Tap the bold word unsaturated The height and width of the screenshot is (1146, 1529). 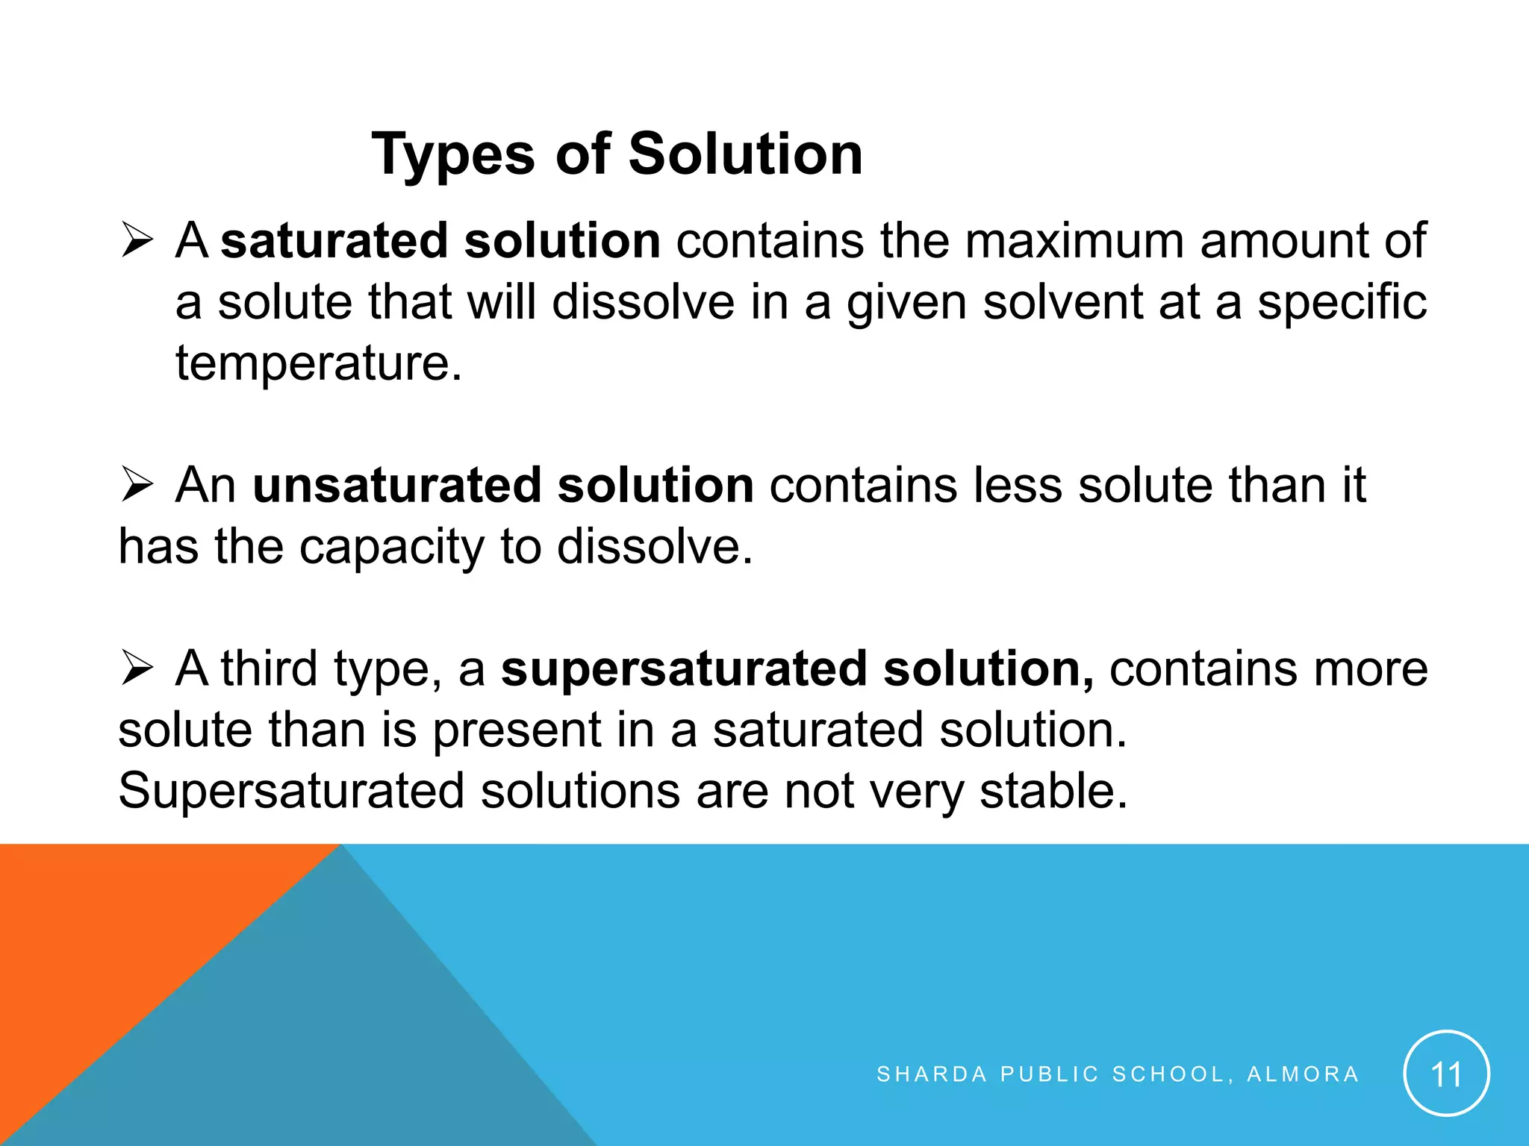396,486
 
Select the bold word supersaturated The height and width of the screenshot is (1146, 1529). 683,668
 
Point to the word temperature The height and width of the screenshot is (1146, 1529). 318,363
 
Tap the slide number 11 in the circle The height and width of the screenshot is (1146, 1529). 1446,1074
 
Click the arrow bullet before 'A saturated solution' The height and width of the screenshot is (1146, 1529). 137,242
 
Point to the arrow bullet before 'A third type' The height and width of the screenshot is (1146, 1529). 137,668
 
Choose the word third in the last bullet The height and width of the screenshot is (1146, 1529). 269,668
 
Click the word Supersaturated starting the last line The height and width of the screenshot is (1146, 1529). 291,791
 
